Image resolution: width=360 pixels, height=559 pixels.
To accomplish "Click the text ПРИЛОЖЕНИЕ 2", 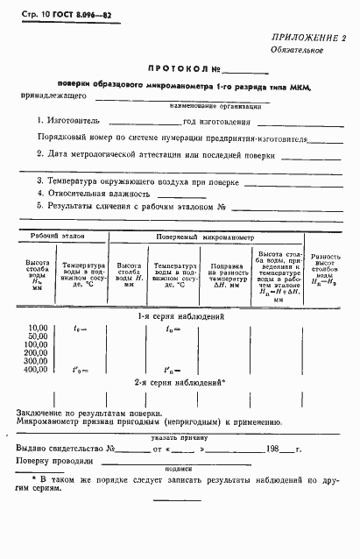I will pyautogui.click(x=309, y=37).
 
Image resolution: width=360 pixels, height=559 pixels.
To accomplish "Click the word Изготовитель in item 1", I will pyautogui.click(x=76, y=123).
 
